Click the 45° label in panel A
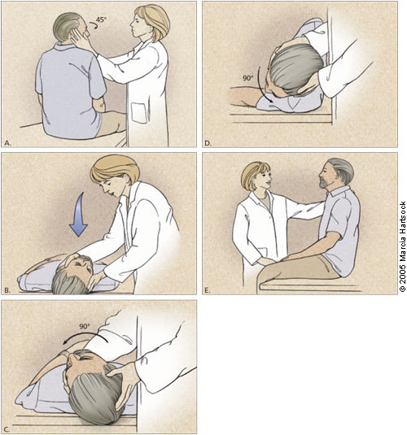pos(102,20)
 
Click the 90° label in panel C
pos(85,327)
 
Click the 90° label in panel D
pos(248,78)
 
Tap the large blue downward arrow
pos(79,215)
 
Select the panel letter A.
pos(8,143)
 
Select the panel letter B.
pos(7,291)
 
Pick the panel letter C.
pos(7,429)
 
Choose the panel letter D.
pos(208,143)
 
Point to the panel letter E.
pos(208,291)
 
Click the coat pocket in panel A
pos(139,113)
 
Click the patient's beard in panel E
pos(326,184)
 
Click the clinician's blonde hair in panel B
pos(115,169)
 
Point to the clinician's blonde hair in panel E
pos(254,173)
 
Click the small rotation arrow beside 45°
pos(93,27)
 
